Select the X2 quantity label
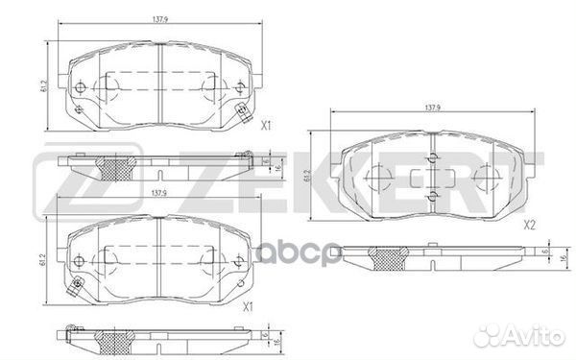coord(529,227)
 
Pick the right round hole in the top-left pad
coord(234,89)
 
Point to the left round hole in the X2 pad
coord(376,178)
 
